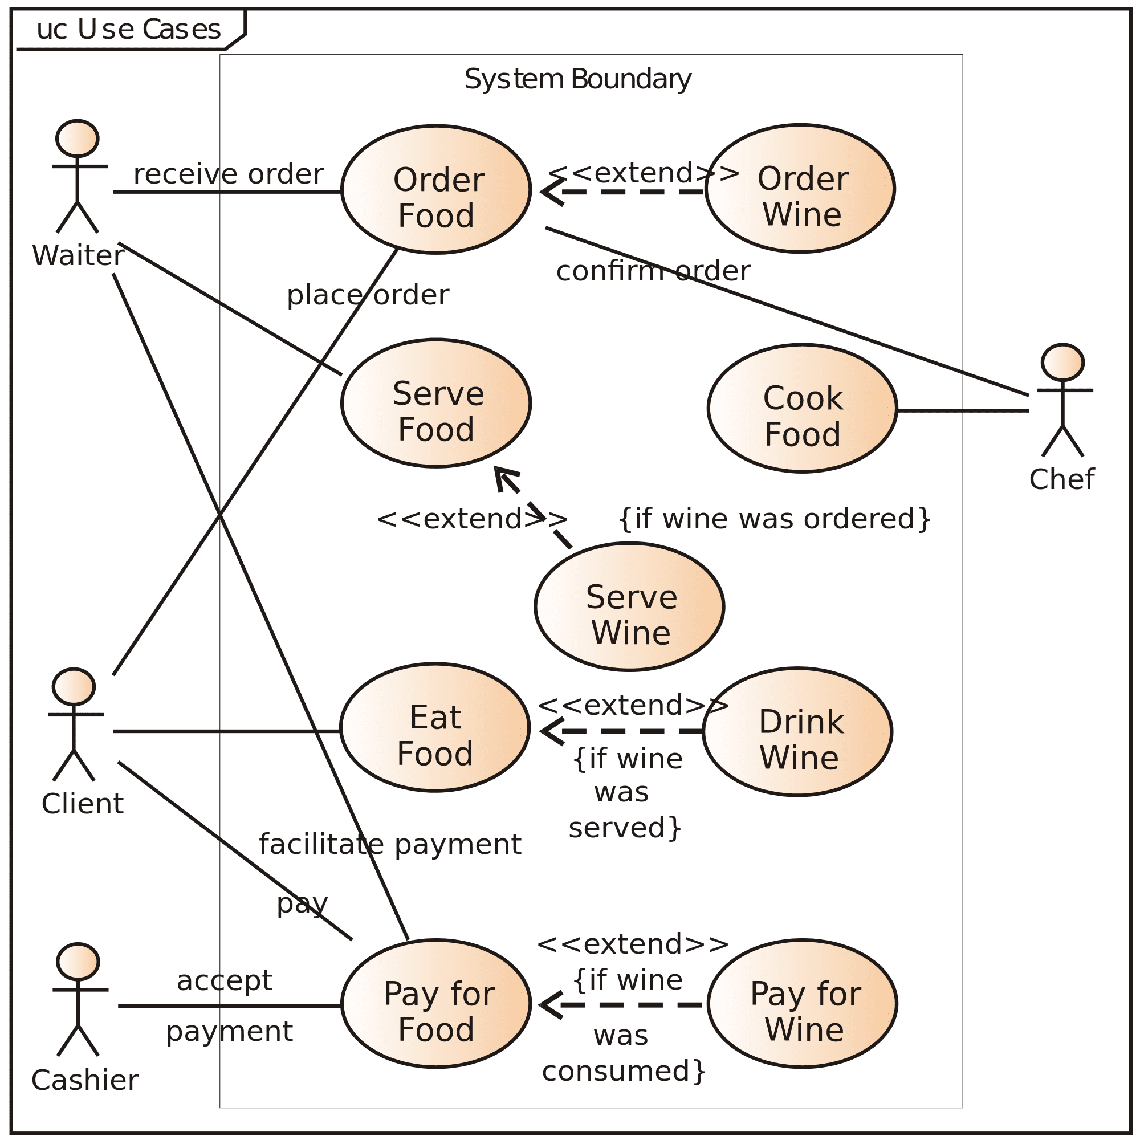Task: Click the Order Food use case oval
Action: point(436,189)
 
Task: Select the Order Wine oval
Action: point(801,189)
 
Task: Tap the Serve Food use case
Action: point(436,403)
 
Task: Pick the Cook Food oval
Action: point(803,408)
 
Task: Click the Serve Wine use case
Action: point(630,607)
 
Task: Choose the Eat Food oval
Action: point(435,727)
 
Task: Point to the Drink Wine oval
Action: point(799,732)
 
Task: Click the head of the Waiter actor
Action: point(78,139)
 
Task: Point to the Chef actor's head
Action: point(1062,363)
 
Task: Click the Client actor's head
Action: point(74,687)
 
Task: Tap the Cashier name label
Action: point(85,1080)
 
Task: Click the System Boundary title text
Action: point(577,79)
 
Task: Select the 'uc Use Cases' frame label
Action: point(129,30)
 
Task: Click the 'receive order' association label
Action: point(229,174)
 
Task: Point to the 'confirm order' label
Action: point(653,271)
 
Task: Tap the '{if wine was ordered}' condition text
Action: point(775,519)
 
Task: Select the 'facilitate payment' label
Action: point(390,844)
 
